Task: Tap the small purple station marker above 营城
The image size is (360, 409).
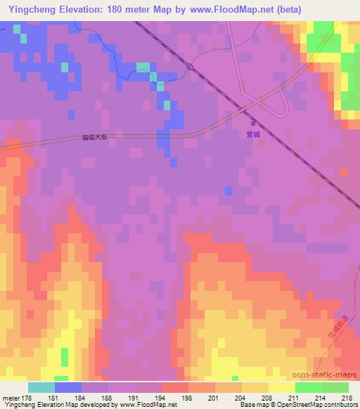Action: pos(253,124)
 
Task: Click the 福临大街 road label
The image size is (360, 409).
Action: pos(94,138)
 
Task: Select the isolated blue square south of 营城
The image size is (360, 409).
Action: pos(229,190)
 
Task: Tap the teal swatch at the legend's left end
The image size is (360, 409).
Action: pos(41,387)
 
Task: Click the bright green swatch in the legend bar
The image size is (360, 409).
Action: pos(308,387)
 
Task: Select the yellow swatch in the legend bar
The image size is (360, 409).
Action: pos(281,387)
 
